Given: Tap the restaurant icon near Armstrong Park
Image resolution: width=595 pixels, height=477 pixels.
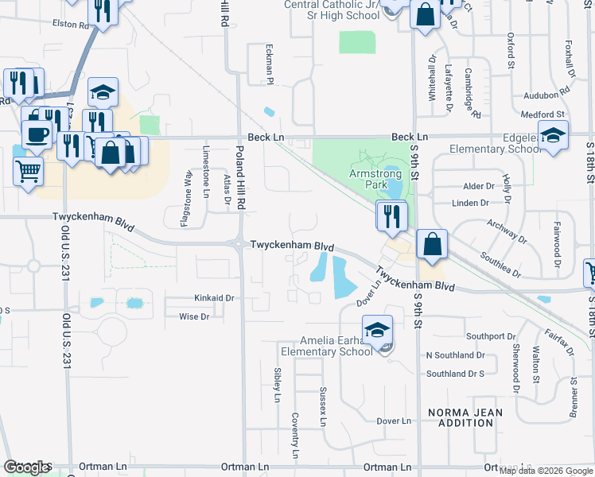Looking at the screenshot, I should [x=391, y=216].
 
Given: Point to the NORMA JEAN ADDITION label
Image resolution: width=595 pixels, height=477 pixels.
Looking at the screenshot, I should [x=461, y=417].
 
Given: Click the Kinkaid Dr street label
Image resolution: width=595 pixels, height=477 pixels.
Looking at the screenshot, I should [x=215, y=298].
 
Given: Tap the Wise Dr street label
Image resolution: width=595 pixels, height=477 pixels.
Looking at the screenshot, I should [x=194, y=316].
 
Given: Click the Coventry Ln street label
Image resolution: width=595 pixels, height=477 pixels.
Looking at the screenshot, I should [x=295, y=436].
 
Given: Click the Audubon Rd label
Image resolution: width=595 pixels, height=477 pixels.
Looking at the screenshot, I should [x=542, y=94].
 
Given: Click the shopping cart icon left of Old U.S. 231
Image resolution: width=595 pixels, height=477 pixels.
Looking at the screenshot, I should [x=29, y=169].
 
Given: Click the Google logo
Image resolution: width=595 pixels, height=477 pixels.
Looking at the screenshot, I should [x=26, y=467].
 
